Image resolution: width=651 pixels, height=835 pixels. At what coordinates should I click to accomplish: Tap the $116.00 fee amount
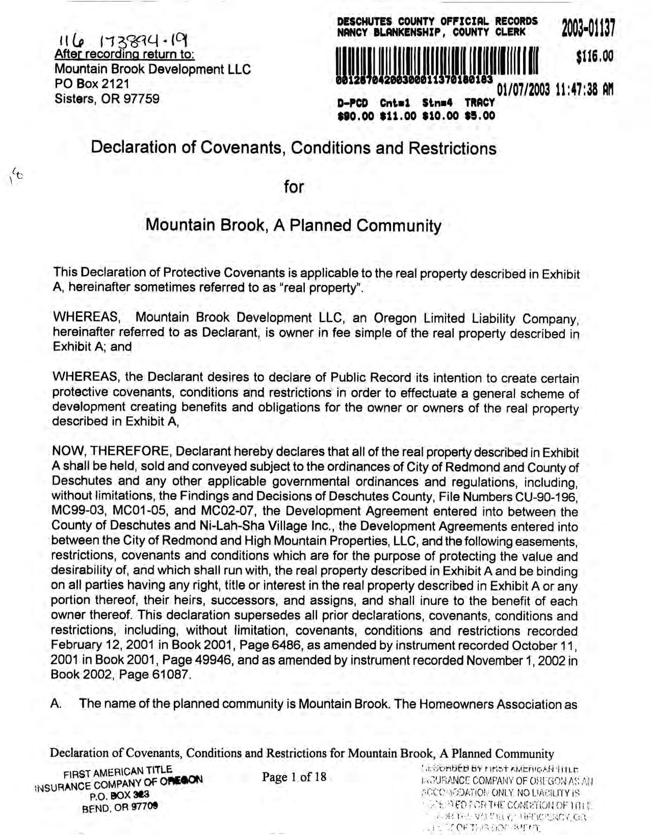(x=594, y=57)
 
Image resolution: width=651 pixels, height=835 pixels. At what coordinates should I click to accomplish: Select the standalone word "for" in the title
(x=294, y=187)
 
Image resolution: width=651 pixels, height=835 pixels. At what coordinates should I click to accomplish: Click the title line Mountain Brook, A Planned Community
(x=293, y=225)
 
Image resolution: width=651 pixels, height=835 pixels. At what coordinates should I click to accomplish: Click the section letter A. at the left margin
(x=57, y=705)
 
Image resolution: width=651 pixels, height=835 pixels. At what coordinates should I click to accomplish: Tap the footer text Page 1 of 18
(x=294, y=776)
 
